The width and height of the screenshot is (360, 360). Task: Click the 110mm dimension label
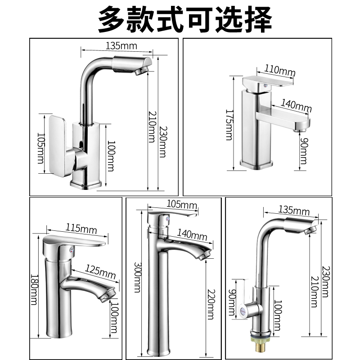(x=280, y=70)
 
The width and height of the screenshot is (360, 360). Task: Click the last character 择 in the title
(x=258, y=19)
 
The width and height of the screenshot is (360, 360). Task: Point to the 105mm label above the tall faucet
(x=182, y=205)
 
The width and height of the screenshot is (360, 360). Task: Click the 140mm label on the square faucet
(x=296, y=106)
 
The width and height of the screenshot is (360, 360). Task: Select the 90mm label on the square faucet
(x=304, y=150)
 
